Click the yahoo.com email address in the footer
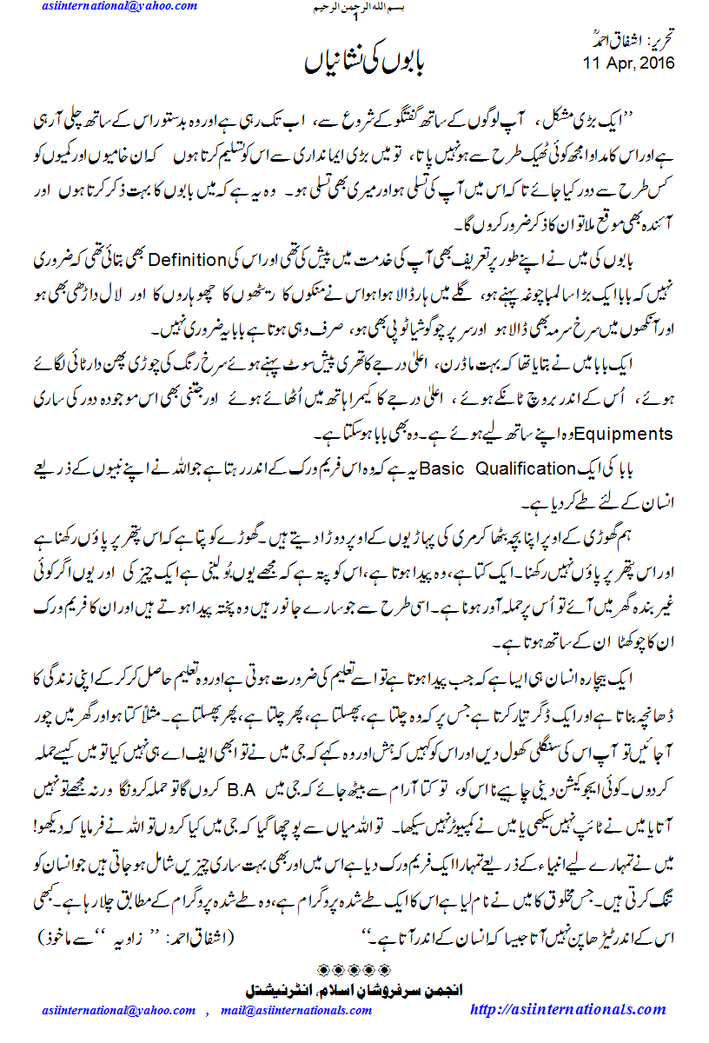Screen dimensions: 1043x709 pyautogui.click(x=119, y=1010)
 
